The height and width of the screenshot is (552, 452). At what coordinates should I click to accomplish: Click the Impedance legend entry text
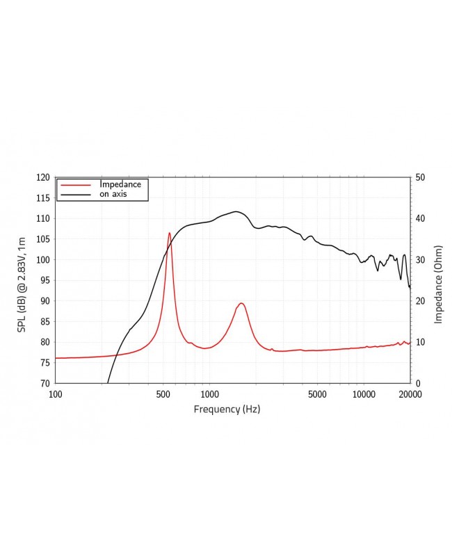click(x=120, y=184)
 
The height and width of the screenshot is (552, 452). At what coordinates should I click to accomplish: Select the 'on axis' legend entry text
click(x=114, y=194)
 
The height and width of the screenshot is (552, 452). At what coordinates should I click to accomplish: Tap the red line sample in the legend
click(x=76, y=185)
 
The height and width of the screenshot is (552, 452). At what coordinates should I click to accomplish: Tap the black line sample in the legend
click(x=76, y=195)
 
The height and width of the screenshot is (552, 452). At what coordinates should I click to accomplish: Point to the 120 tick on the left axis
click(x=43, y=177)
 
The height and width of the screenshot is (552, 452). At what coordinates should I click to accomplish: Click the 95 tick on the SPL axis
click(x=45, y=280)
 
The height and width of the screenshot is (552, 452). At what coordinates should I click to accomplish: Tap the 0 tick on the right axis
click(x=417, y=383)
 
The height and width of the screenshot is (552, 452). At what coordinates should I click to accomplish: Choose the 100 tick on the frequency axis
click(x=56, y=394)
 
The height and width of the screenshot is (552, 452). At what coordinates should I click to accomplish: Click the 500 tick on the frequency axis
click(x=163, y=394)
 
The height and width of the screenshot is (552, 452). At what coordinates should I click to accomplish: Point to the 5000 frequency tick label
click(x=317, y=394)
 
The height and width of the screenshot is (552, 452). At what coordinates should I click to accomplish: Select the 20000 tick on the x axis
click(x=410, y=394)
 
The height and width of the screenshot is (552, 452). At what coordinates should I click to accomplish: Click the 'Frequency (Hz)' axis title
click(x=227, y=409)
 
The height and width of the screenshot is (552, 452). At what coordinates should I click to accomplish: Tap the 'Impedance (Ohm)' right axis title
click(x=438, y=284)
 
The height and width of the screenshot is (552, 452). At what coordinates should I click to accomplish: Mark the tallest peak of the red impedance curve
click(x=169, y=233)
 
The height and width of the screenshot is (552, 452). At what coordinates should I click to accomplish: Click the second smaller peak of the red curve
click(x=241, y=303)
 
